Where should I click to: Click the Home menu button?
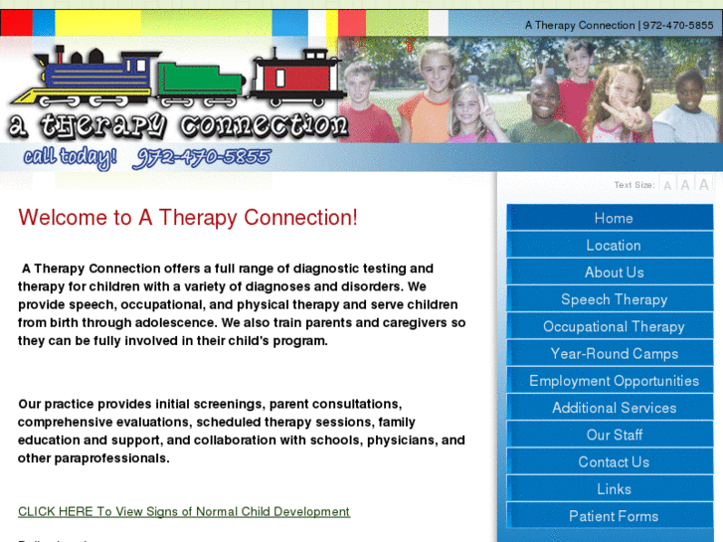tap(613, 218)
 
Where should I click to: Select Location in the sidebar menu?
tap(613, 245)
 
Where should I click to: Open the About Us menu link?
tap(613, 271)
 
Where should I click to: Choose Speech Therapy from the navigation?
tap(613, 299)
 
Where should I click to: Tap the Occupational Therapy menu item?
tap(613, 326)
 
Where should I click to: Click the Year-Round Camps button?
tap(613, 353)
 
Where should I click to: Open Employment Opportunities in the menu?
tap(613, 381)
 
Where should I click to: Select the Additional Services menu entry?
tap(613, 408)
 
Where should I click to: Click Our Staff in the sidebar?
tap(613, 435)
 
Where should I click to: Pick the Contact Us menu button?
tap(613, 461)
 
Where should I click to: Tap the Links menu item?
tap(613, 489)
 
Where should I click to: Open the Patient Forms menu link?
tap(613, 516)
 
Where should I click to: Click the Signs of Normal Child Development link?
tap(184, 511)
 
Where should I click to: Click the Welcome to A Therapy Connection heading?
tap(187, 218)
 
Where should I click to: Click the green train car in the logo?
tap(199, 82)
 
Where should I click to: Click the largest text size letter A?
tap(703, 184)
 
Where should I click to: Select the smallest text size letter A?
tap(667, 185)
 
